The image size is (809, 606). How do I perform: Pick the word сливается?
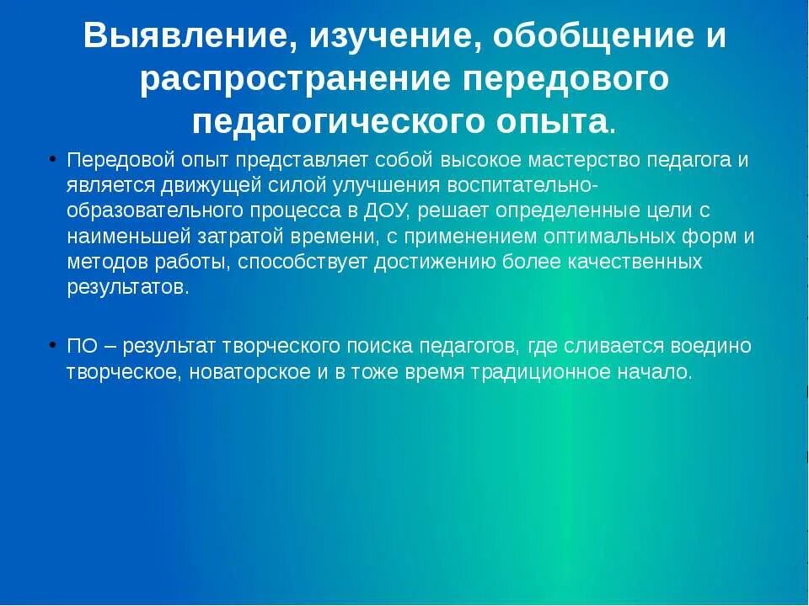611,346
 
